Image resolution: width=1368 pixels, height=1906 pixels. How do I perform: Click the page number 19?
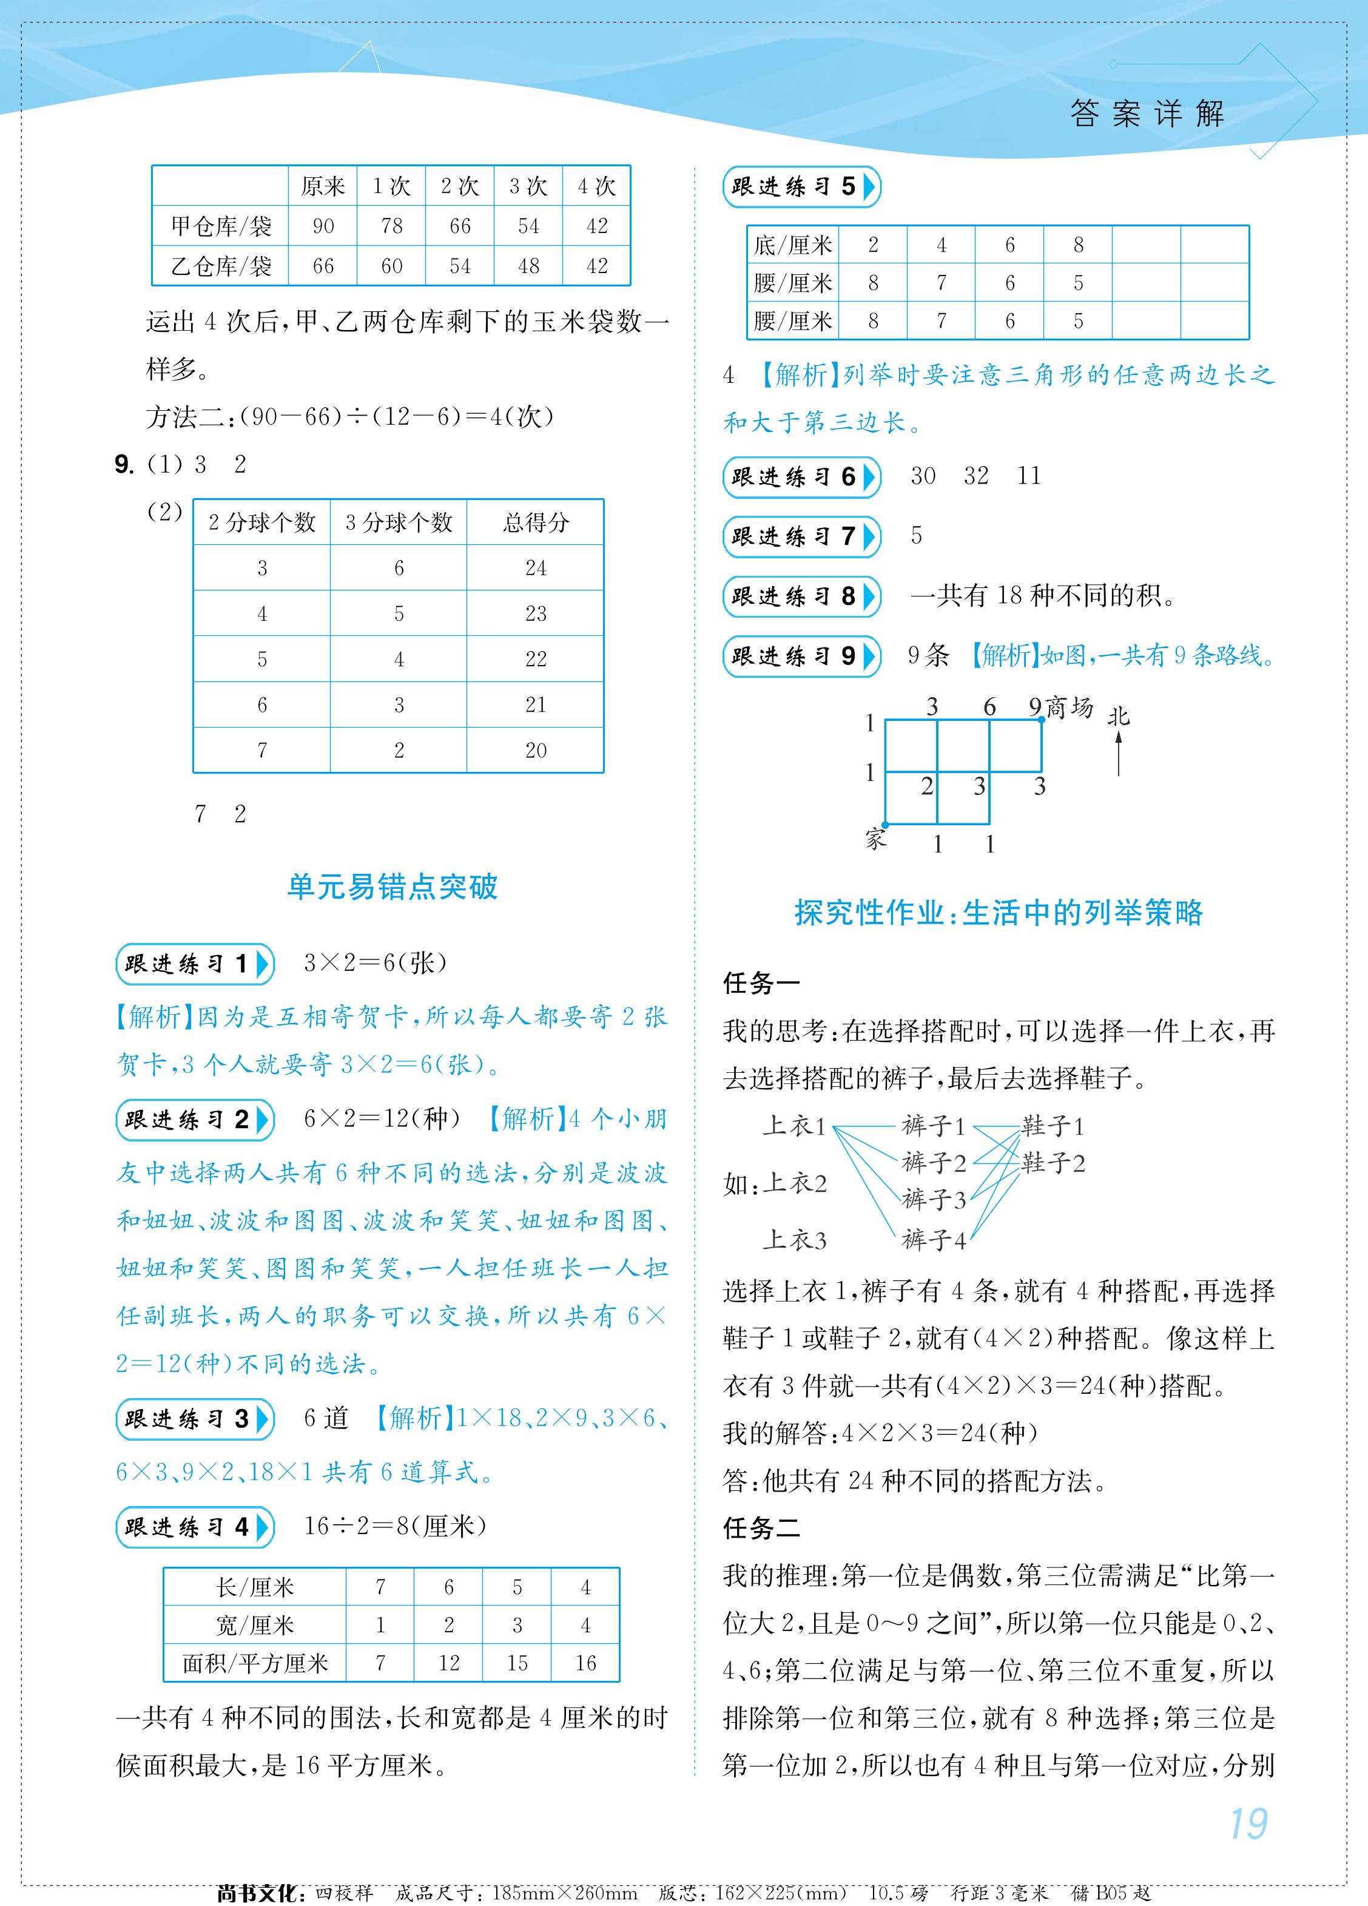coord(1248,1823)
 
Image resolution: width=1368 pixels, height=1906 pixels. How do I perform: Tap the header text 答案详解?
coord(1147,113)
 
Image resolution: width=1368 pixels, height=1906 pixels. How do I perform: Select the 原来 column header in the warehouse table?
coord(323,186)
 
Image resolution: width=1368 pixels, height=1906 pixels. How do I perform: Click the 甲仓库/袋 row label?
coord(221,226)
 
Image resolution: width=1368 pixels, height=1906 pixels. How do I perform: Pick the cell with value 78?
coord(391,226)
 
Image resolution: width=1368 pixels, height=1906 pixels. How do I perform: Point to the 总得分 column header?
coord(535,522)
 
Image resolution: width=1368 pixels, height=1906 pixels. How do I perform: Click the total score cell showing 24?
coord(535,568)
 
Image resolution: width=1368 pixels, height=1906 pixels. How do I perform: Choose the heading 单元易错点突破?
coord(393,887)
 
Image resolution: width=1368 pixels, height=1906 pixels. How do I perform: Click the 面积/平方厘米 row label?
coord(255,1663)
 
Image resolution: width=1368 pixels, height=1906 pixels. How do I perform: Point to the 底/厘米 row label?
coord(792,245)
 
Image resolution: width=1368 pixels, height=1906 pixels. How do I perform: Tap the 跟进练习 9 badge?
coord(801,657)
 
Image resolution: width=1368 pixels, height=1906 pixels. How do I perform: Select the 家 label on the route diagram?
coord(875,838)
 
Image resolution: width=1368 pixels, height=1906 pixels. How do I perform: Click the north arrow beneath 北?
coord(1119,752)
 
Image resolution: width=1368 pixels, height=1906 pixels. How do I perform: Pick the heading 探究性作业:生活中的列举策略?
coord(999,913)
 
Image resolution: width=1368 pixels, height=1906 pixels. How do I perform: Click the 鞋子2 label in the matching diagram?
coord(1053,1163)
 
